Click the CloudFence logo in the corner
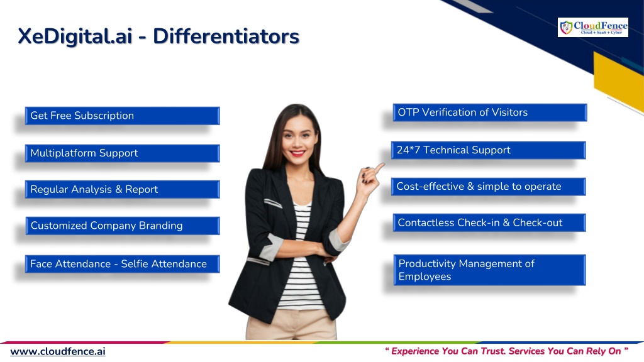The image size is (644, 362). (592, 28)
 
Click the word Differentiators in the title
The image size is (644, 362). (226, 36)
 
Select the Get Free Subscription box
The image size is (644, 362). (123, 116)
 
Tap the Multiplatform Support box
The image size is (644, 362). (123, 153)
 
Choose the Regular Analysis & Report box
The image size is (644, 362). (123, 189)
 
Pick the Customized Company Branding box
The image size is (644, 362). (123, 226)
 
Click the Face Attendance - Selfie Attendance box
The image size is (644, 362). (123, 264)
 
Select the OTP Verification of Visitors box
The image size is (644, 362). (490, 112)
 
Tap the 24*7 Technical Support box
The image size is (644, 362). (488, 150)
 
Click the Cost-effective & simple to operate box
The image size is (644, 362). (488, 186)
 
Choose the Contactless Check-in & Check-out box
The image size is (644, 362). (489, 222)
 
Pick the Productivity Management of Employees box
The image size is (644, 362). (489, 270)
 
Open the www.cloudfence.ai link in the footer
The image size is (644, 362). (58, 352)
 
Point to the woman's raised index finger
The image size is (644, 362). (378, 167)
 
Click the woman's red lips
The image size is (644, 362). (297, 153)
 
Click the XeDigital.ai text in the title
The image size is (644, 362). (75, 36)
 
